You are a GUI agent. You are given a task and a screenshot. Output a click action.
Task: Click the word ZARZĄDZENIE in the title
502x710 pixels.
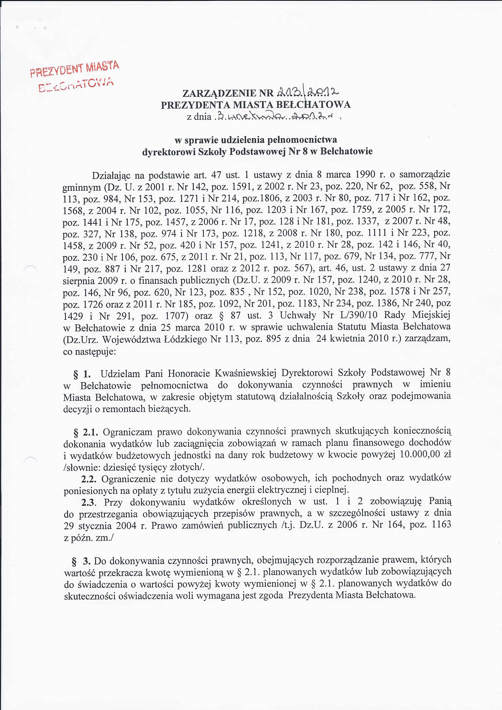[x=220, y=93]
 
